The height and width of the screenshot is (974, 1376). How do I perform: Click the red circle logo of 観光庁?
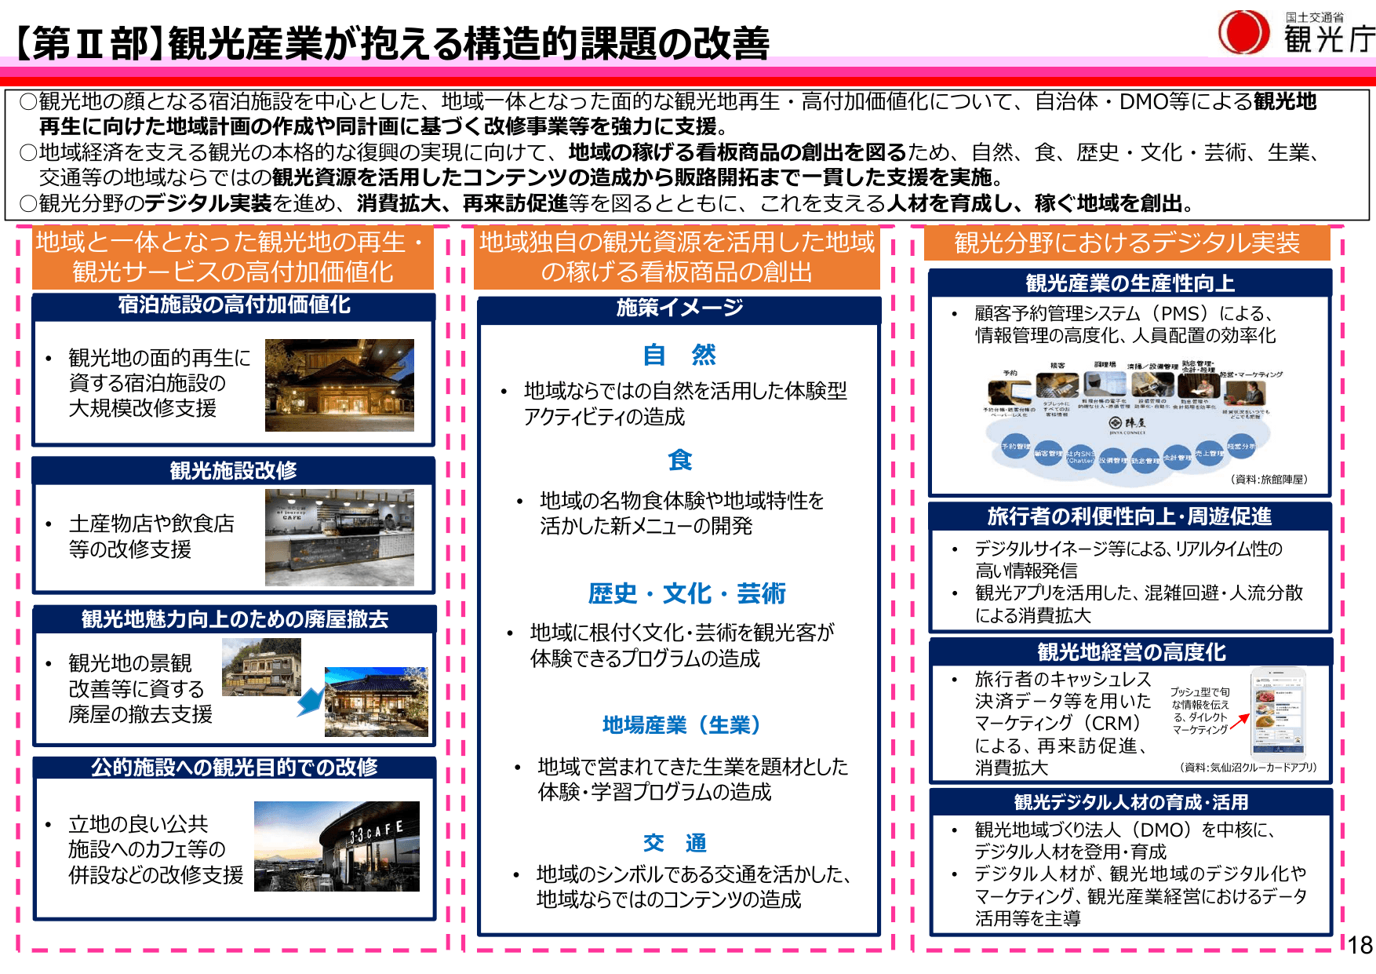click(1243, 32)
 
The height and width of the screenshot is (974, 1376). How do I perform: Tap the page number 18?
click(1360, 945)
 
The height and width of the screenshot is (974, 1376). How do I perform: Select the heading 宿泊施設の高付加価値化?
click(234, 305)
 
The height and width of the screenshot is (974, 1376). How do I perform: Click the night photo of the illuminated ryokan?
click(339, 385)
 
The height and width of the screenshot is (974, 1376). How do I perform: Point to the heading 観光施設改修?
click(233, 470)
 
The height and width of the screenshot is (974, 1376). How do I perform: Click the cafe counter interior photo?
click(339, 538)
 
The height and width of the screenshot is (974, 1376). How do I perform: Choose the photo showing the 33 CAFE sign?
click(337, 846)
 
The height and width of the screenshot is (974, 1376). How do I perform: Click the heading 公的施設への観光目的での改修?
click(234, 767)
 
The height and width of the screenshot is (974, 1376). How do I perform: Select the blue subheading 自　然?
click(679, 355)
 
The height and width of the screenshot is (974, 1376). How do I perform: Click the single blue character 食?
click(679, 460)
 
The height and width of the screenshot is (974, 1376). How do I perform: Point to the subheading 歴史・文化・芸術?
click(686, 593)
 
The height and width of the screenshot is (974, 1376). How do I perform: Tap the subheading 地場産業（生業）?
click(681, 724)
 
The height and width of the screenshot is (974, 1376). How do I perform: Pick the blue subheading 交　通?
click(675, 843)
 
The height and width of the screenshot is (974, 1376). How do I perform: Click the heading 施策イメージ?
click(679, 308)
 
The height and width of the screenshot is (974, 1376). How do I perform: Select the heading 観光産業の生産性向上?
click(1130, 283)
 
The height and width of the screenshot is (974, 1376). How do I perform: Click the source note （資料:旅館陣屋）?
click(1269, 479)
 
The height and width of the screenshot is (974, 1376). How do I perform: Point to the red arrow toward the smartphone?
click(1239, 721)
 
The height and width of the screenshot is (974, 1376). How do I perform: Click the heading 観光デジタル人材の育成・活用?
click(1130, 802)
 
